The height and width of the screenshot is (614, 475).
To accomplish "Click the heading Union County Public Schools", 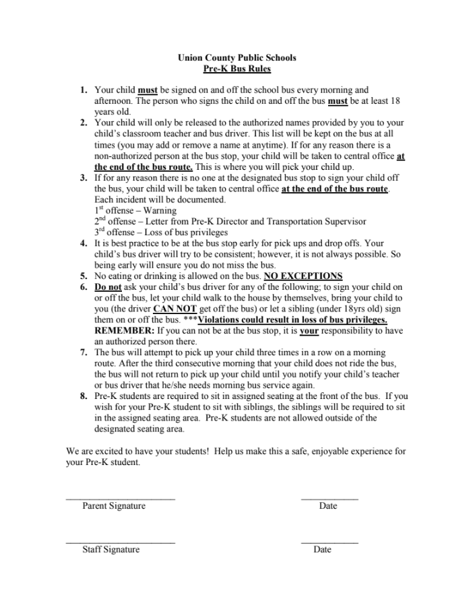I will [236, 58].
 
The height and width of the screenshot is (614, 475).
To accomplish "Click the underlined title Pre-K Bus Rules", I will [236, 69].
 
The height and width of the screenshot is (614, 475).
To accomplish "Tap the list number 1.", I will [84, 90].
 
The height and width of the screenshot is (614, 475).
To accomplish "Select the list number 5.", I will [84, 276].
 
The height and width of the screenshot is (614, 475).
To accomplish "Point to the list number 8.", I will [84, 396].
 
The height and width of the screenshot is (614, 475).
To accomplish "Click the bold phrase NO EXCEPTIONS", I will [303, 276].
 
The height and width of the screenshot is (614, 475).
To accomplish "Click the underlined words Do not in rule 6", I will [108, 287].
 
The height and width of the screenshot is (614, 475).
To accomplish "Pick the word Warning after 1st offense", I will [160, 211].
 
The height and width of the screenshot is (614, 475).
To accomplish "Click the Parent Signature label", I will [114, 506].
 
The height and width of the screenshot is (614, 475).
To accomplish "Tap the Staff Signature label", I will [111, 549].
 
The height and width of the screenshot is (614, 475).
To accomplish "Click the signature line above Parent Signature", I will [120, 499].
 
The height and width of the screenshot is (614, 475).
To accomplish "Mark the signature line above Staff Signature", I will [120, 542].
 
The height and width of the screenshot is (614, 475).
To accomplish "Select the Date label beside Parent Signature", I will [328, 506].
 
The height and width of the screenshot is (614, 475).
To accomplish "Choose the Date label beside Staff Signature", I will [322, 549].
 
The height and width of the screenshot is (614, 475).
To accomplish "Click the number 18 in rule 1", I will [395, 100].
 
